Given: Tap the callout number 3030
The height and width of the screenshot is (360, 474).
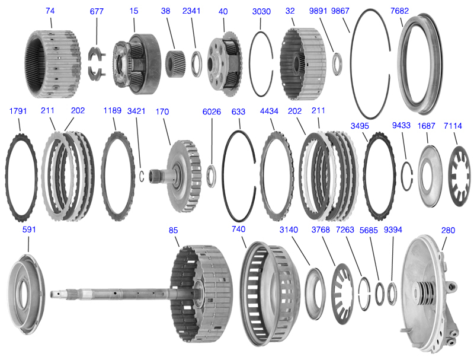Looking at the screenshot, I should [261, 11].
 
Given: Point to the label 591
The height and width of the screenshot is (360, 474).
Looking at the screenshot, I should [29, 229].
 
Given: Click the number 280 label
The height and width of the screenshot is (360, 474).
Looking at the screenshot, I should [448, 229].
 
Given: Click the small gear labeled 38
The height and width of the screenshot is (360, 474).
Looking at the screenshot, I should [175, 61].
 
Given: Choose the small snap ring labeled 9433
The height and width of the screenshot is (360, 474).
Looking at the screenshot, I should [406, 176].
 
